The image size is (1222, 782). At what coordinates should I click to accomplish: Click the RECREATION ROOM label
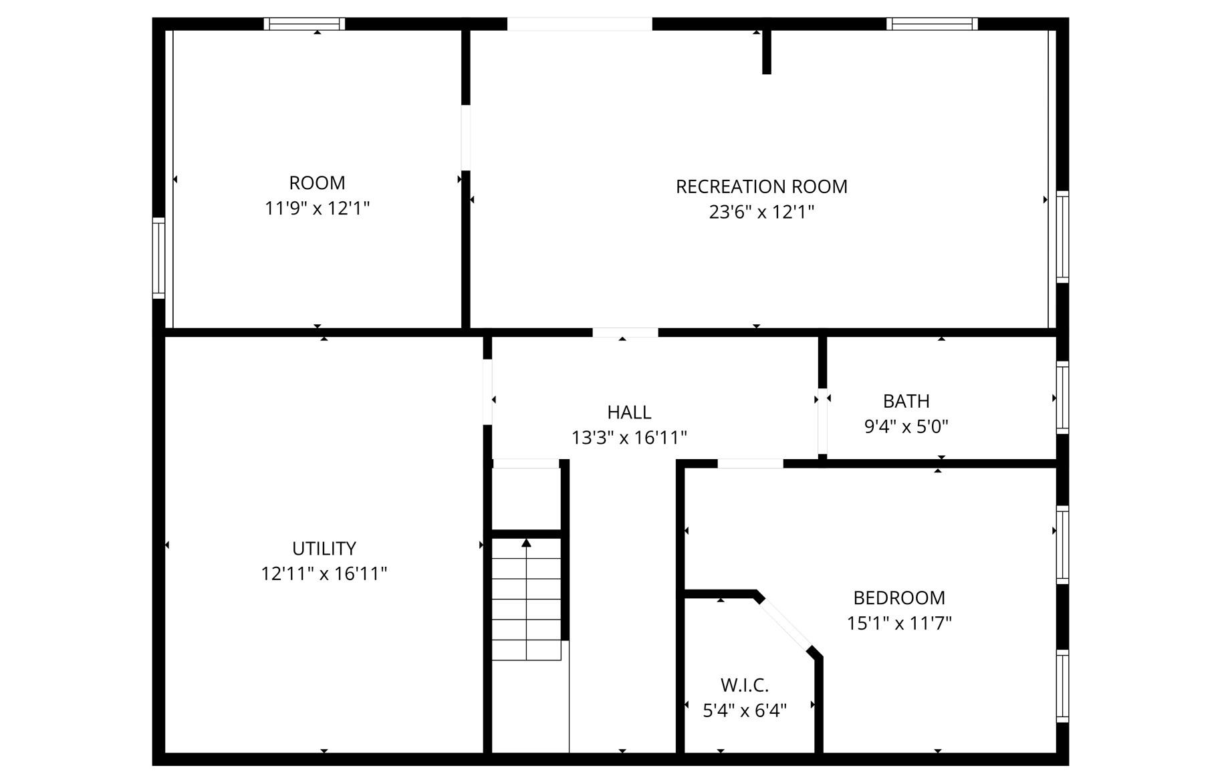coord(761,186)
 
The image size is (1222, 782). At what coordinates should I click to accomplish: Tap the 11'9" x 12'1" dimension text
coord(317,209)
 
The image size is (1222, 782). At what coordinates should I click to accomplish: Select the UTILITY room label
coord(324,549)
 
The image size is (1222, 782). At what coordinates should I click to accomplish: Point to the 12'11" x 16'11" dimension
coord(324,574)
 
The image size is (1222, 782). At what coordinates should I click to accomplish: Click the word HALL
coord(629,412)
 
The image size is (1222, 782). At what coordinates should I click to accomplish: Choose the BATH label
coord(906,401)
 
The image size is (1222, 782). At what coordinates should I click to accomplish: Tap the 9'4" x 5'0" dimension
coord(906,426)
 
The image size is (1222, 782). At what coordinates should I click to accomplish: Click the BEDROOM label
coord(899,598)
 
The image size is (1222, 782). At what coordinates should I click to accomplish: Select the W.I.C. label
coord(745,685)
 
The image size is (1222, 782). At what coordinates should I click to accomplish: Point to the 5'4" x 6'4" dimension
coord(745,710)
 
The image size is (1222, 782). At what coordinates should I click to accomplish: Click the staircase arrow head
coord(526,543)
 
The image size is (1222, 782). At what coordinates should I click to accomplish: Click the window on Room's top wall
coord(304,24)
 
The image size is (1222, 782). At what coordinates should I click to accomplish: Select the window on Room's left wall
coord(158,258)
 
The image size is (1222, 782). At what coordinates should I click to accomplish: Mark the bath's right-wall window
coord(1062,398)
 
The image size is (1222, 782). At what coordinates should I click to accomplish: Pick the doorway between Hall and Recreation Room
coord(625,332)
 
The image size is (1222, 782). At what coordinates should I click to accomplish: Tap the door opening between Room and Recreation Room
coord(466,138)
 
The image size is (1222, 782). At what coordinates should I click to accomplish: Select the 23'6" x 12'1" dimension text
coord(761,212)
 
